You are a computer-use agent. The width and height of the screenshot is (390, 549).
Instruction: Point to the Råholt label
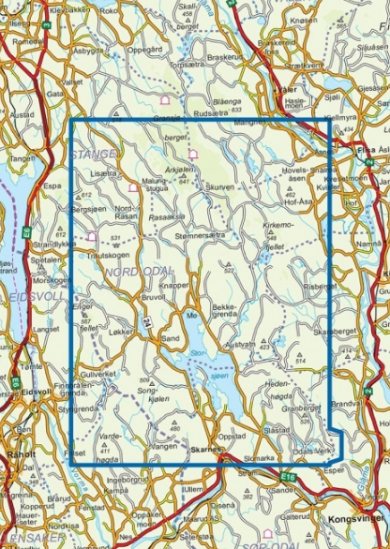point(19,454)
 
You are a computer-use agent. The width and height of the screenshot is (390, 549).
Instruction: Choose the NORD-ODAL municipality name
point(132,272)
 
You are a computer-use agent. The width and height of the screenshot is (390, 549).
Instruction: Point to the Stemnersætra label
point(201,238)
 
